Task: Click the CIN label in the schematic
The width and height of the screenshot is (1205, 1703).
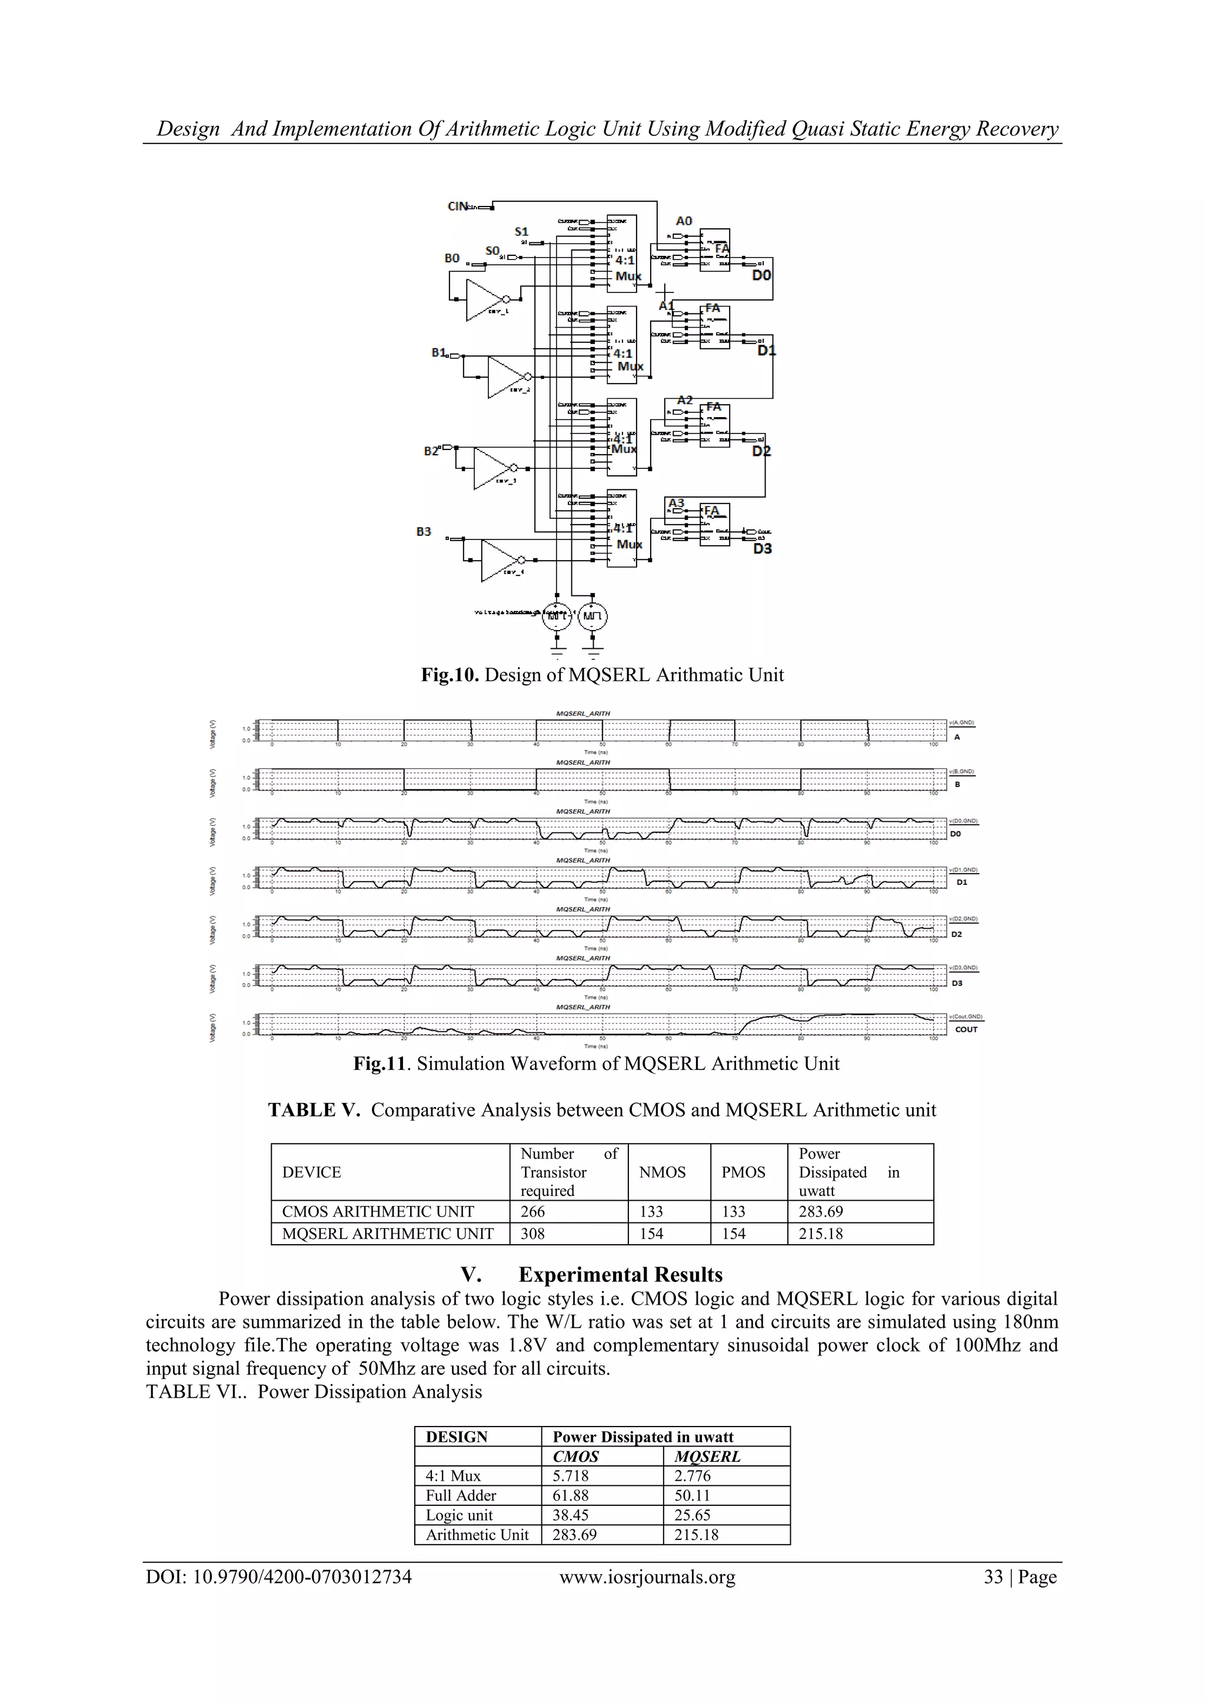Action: pyautogui.click(x=457, y=206)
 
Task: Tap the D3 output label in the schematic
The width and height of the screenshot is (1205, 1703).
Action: pyautogui.click(x=762, y=549)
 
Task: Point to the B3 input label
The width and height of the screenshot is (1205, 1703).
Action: pyautogui.click(x=424, y=531)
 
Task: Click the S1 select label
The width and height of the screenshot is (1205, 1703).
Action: pyautogui.click(x=522, y=231)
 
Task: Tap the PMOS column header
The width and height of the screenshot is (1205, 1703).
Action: pyautogui.click(x=744, y=1172)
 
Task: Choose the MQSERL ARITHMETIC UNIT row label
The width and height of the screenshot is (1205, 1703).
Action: pyautogui.click(x=388, y=1234)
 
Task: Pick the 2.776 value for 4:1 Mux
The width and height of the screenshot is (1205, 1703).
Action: pyautogui.click(x=693, y=1475)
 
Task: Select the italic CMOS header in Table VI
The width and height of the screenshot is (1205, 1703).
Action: pyautogui.click(x=576, y=1456)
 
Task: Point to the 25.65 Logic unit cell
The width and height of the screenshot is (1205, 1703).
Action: pyautogui.click(x=693, y=1515)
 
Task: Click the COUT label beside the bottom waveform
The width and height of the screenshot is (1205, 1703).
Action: pyautogui.click(x=966, y=1029)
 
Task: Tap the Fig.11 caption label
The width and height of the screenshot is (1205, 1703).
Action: pyautogui.click(x=380, y=1064)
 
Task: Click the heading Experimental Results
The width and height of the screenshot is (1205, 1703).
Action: pyautogui.click(x=620, y=1274)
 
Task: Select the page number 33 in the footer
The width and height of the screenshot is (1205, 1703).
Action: pyautogui.click(x=994, y=1577)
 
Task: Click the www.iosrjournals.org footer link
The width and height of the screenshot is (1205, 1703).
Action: pyautogui.click(x=647, y=1577)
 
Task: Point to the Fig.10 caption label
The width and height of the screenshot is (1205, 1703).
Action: pyautogui.click(x=450, y=675)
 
